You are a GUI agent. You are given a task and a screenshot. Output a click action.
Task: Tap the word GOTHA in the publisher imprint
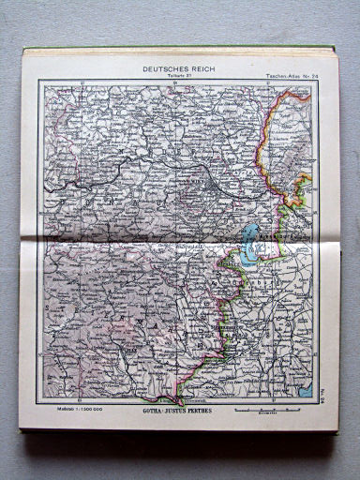pos(151,411)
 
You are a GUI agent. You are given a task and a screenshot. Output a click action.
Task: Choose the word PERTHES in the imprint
pos(203,411)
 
